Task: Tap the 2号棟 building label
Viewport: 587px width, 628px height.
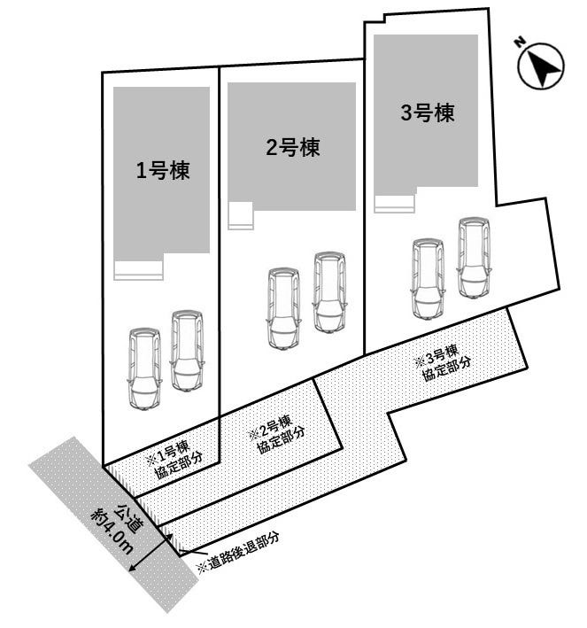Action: [x=292, y=148]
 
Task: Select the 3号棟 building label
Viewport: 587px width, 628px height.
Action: [x=427, y=112]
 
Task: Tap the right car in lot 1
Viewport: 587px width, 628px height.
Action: [x=187, y=350]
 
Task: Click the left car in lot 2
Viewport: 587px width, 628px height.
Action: [x=284, y=308]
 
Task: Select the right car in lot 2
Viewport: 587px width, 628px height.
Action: [x=329, y=292]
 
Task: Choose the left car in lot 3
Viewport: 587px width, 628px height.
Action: [x=428, y=278]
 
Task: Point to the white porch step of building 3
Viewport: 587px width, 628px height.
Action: [x=394, y=204]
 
